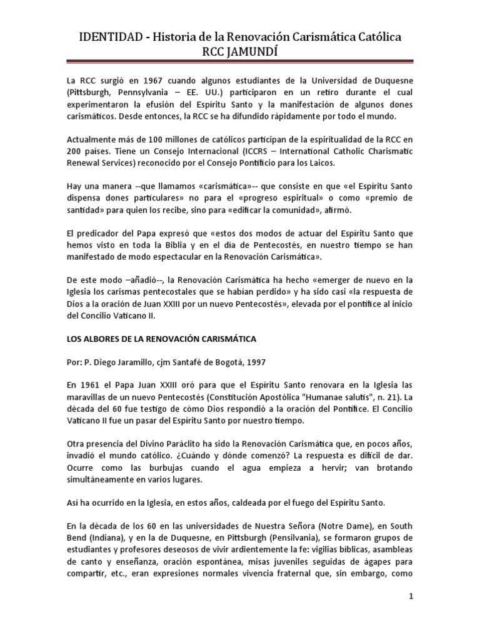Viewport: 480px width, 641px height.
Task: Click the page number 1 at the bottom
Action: point(411,597)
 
